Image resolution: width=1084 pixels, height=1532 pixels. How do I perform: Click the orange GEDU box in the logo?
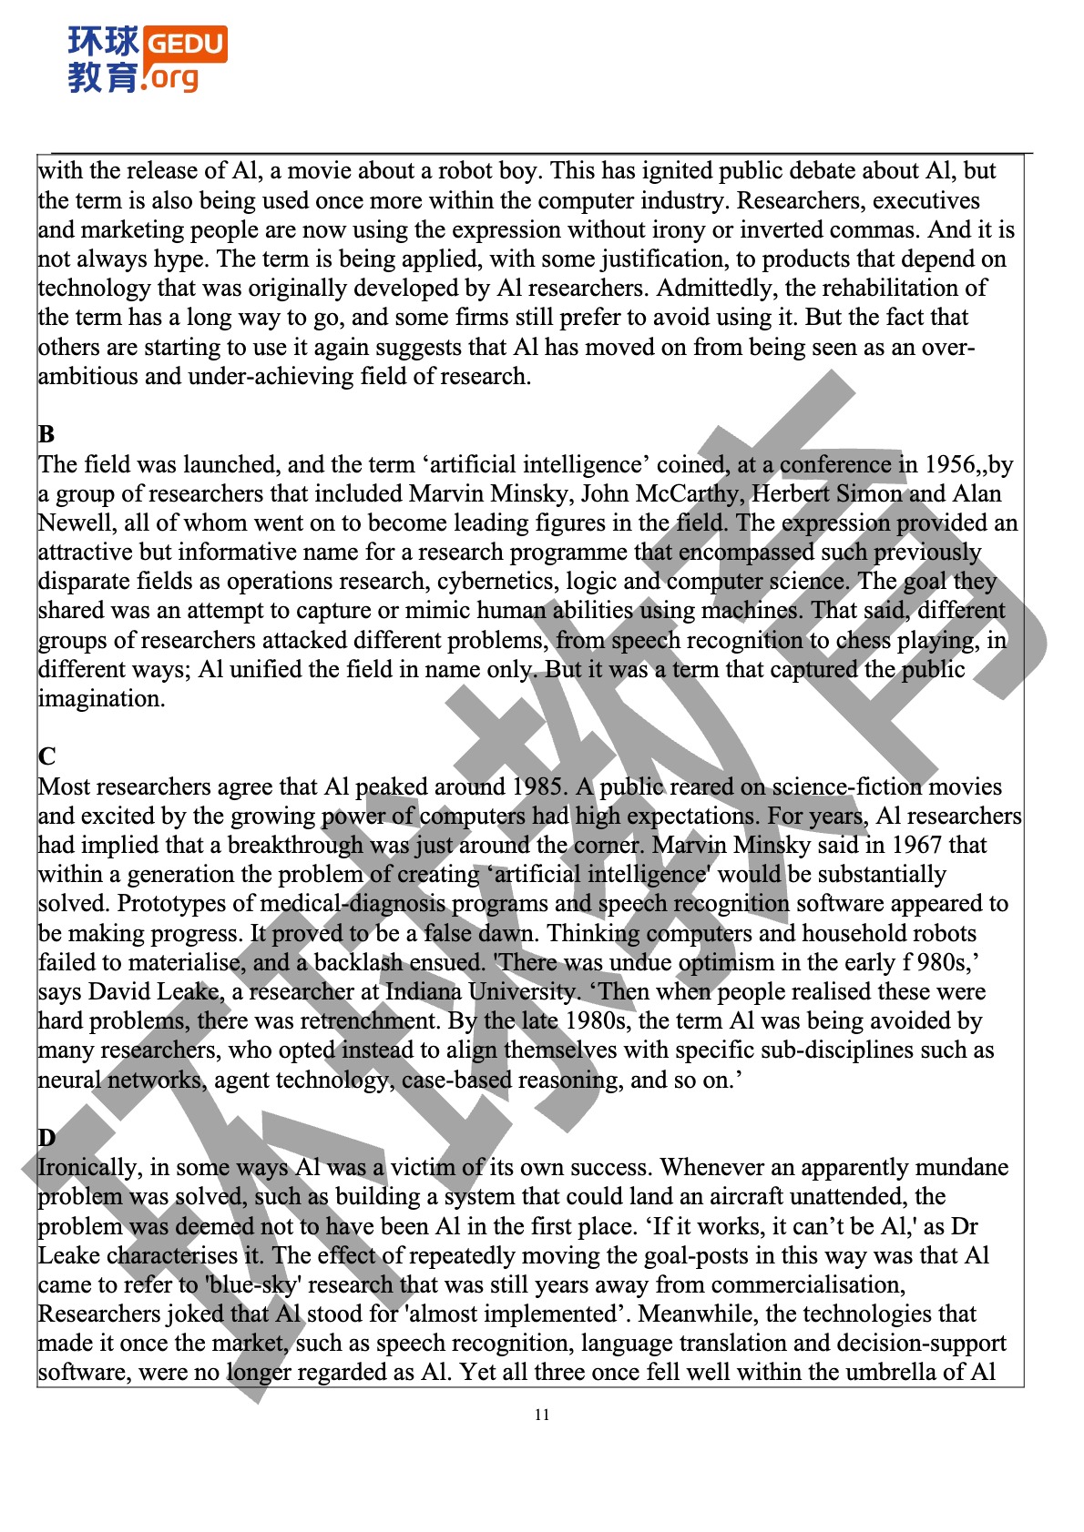pos(185,43)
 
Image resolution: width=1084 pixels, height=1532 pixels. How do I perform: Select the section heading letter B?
pos(46,434)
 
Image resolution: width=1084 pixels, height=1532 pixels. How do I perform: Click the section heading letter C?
pos(46,756)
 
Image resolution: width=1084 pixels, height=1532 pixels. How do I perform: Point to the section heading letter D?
pos(46,1138)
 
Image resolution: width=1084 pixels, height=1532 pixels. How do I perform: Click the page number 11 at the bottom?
pos(542,1415)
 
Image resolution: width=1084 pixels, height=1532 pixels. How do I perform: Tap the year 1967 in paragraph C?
pos(912,845)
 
